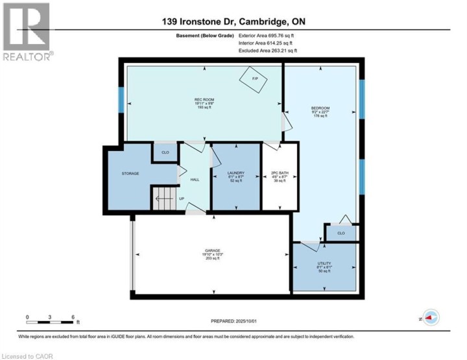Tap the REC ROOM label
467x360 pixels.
click(x=204, y=99)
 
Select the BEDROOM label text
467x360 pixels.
click(x=320, y=108)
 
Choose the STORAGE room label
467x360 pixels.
click(x=131, y=174)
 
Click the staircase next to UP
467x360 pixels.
click(x=163, y=198)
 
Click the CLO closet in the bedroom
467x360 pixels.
click(x=341, y=232)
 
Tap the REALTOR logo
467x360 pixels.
click(x=28, y=32)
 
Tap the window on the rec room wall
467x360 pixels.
click(x=121, y=100)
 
